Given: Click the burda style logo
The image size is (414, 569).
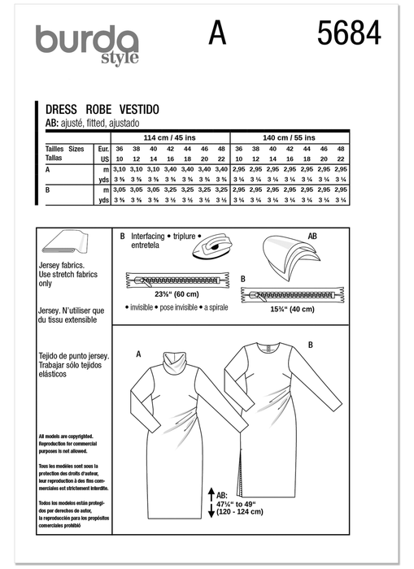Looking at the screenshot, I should coord(86,42).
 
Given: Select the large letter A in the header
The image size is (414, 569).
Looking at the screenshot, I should coord(216,35).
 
